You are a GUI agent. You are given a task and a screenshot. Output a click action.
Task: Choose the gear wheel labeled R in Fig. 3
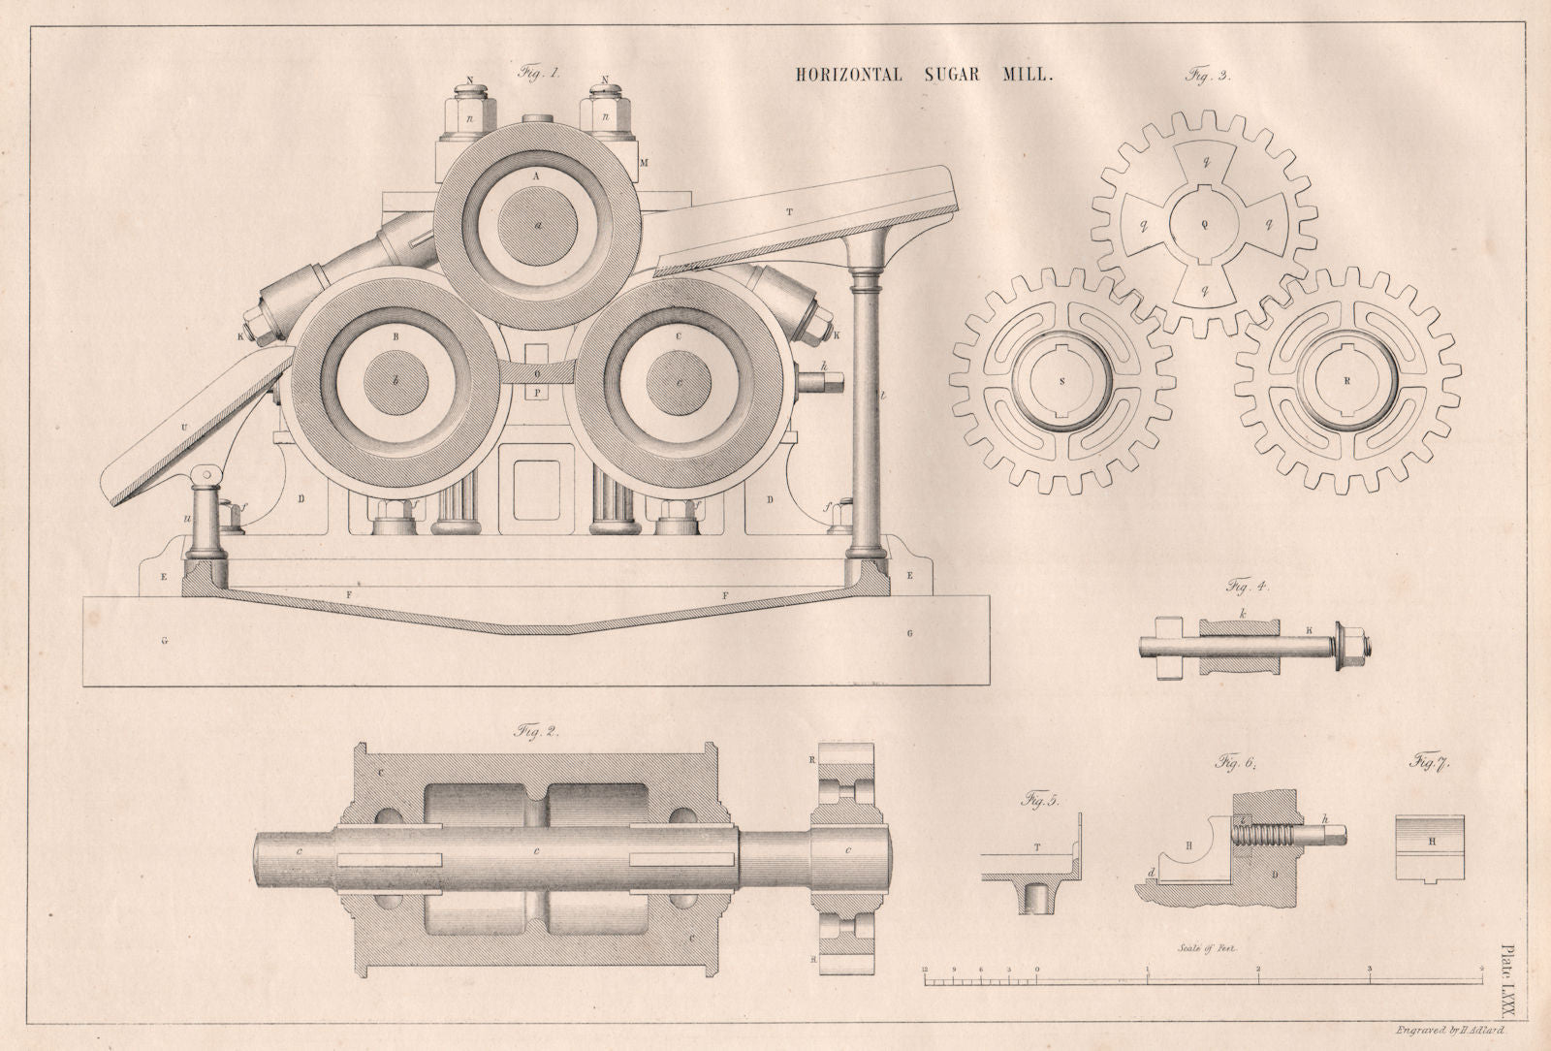1347,381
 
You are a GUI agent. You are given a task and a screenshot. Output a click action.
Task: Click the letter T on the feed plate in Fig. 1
789,210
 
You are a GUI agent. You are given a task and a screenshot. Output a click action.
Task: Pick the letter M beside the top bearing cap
644,162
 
